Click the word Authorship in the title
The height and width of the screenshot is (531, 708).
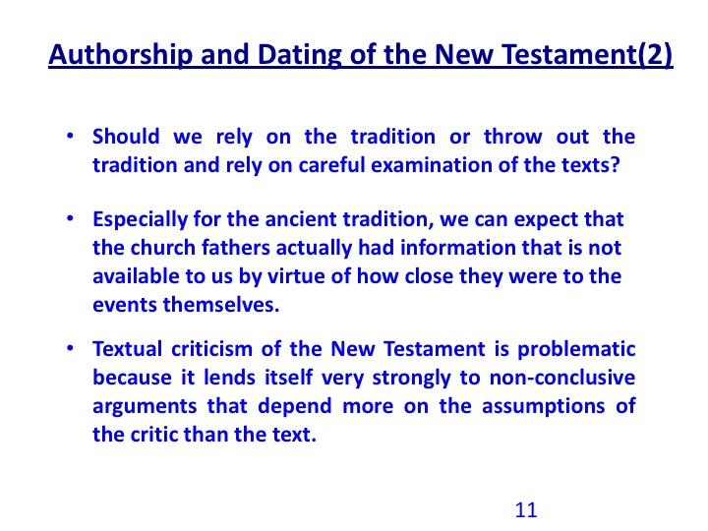[x=121, y=55]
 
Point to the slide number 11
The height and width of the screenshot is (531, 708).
[x=526, y=509]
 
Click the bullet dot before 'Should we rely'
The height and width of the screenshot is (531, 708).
[x=70, y=136]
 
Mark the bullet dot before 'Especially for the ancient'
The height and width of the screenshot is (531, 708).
[x=70, y=218]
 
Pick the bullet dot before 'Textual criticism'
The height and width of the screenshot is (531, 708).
[x=70, y=348]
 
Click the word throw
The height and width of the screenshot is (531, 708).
[x=512, y=137]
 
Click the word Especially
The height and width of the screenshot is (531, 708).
[x=140, y=220]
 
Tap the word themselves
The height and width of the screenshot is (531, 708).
[x=221, y=305]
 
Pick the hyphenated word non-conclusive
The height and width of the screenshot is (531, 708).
[x=562, y=378]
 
